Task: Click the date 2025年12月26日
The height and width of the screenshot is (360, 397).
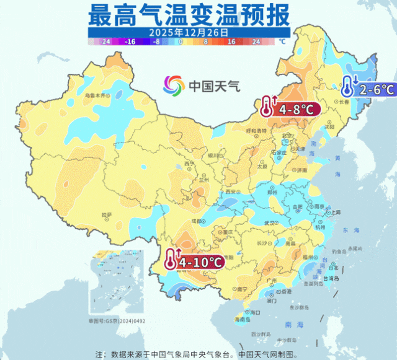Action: [x=188, y=32]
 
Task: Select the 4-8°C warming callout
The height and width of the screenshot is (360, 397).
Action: [x=290, y=108]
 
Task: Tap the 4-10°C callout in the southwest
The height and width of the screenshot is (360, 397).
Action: [x=194, y=262]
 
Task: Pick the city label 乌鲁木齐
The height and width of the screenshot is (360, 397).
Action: [x=96, y=96]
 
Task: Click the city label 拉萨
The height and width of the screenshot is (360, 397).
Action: [x=107, y=215]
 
